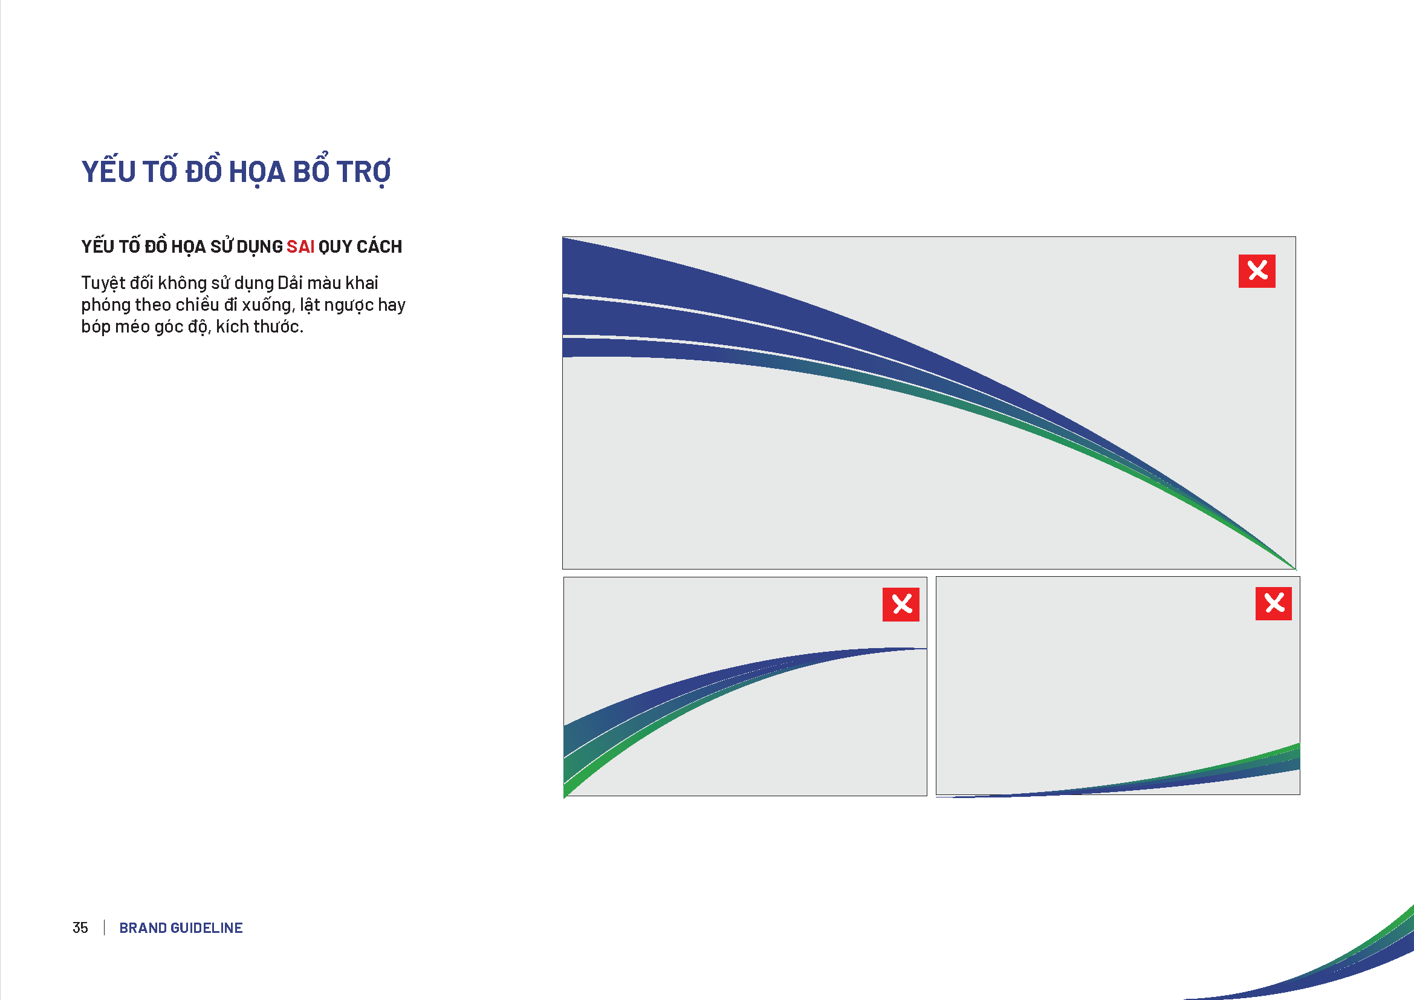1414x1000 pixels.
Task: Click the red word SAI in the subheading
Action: point(300,247)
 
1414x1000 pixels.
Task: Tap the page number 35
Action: point(80,928)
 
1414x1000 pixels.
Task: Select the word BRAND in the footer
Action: point(143,928)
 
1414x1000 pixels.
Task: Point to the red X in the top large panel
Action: point(1257,271)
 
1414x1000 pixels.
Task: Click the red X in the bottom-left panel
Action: point(901,605)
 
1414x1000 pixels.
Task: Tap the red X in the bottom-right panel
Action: point(1274,603)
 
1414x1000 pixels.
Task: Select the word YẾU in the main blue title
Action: point(108,170)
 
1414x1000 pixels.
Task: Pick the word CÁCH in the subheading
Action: point(379,246)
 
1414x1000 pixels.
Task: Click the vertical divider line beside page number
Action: point(105,927)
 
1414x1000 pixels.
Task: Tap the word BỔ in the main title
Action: point(311,169)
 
